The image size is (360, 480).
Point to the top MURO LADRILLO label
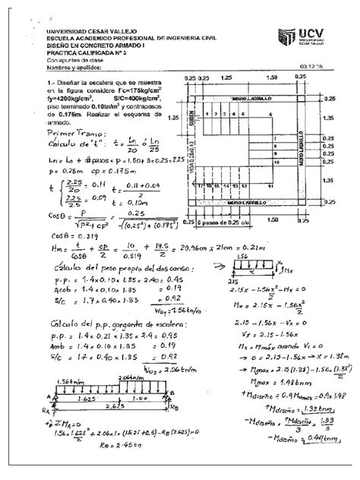[248, 99]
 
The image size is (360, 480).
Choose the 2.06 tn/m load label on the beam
[122, 377]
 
